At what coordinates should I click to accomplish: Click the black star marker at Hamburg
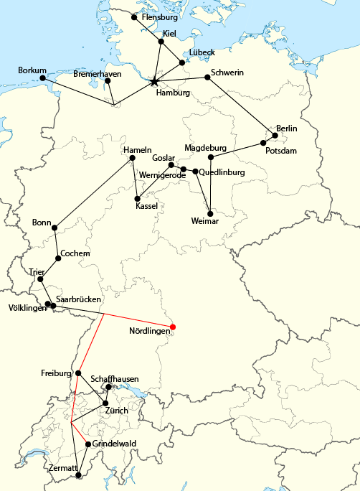click(155, 82)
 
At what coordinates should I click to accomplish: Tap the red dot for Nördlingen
click(172, 327)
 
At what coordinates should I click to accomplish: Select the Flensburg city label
click(160, 17)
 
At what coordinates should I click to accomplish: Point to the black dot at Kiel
click(161, 42)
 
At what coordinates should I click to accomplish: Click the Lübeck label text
click(202, 52)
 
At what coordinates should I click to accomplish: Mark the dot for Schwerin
click(207, 78)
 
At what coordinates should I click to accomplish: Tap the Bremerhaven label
click(98, 74)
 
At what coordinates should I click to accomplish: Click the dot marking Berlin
click(275, 135)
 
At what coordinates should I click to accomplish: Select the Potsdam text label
click(280, 151)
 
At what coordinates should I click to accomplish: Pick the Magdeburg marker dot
click(211, 157)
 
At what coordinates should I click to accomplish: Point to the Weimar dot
click(209, 212)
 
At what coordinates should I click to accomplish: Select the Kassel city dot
click(137, 198)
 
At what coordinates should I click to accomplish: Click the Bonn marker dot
click(55, 228)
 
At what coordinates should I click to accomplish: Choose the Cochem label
click(75, 253)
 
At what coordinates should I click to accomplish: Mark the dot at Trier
click(40, 279)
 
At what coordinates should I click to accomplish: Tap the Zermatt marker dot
click(78, 474)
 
